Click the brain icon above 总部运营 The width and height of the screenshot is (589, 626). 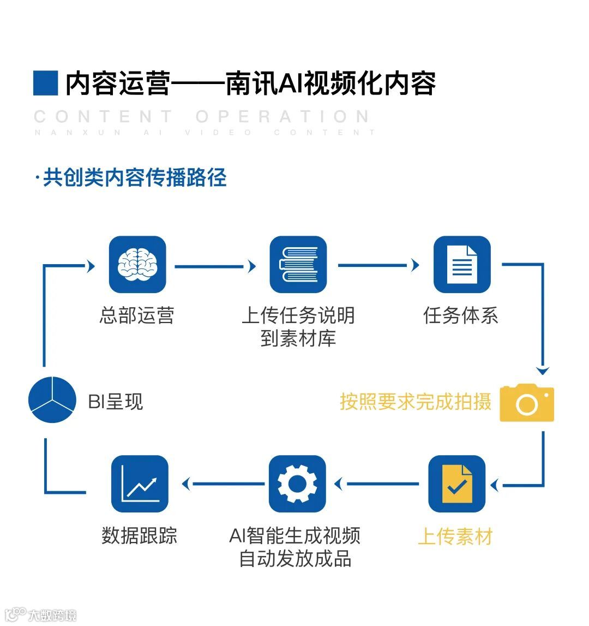pos(137,265)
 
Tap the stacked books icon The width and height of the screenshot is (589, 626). pos(298,265)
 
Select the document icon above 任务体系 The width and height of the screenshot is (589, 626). pos(462,265)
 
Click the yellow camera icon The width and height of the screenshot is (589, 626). pos(527,403)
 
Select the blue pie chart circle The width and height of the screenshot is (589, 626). pos(52,400)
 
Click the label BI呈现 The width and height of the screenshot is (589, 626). pos(115,402)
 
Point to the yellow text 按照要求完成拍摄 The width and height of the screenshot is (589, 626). pos(416,402)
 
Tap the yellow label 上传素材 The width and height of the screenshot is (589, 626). pos(455,536)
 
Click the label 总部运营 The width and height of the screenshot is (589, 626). pos(137,315)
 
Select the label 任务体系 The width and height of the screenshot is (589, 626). pos(461,315)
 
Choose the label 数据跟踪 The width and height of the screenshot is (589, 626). pos(140,535)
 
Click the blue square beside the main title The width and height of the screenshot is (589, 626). pos(45,84)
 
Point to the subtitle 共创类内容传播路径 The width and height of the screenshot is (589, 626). pos(134,178)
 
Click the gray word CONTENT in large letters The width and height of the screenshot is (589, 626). pos(104,117)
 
